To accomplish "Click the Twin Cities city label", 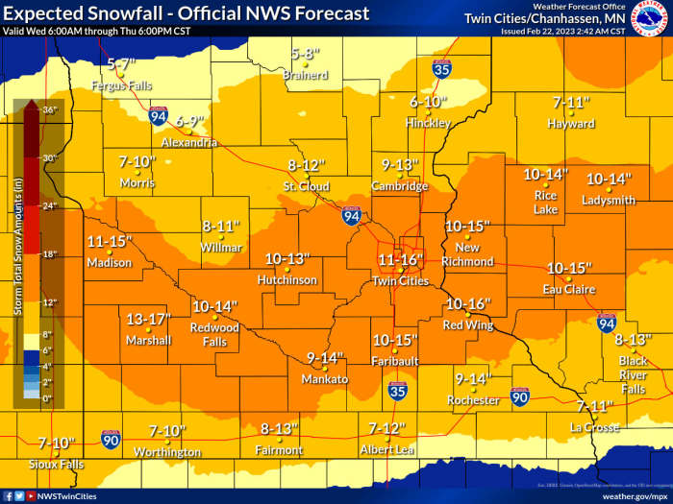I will tap(400, 280).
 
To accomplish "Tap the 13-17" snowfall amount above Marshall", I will tap(148, 319).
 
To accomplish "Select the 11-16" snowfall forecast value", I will tap(399, 259).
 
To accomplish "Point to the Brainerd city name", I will tap(306, 75).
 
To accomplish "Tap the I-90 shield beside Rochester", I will tap(519, 396).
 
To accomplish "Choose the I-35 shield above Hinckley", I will tap(441, 68).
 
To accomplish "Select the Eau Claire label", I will tap(568, 289).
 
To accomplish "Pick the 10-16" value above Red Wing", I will tap(468, 304).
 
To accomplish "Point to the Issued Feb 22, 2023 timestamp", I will tap(562, 31).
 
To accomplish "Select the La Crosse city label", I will tap(594, 427).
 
